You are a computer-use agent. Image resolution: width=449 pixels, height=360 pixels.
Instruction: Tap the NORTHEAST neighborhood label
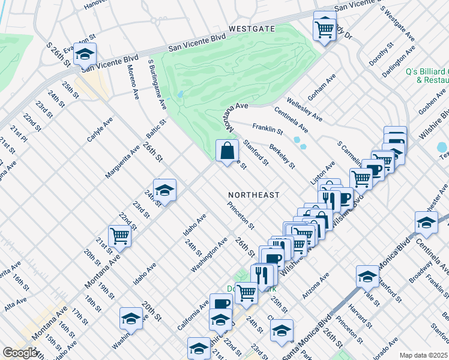click(x=254, y=195)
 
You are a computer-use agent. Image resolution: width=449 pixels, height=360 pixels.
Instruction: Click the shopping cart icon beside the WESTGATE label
click(x=324, y=28)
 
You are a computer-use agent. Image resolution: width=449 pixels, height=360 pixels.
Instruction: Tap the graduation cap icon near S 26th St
click(x=85, y=55)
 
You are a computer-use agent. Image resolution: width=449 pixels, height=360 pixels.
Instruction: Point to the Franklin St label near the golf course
click(x=267, y=128)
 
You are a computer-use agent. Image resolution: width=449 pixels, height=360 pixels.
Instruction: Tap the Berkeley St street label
click(x=282, y=156)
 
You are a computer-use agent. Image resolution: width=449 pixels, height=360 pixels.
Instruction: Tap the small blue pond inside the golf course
click(x=181, y=95)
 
